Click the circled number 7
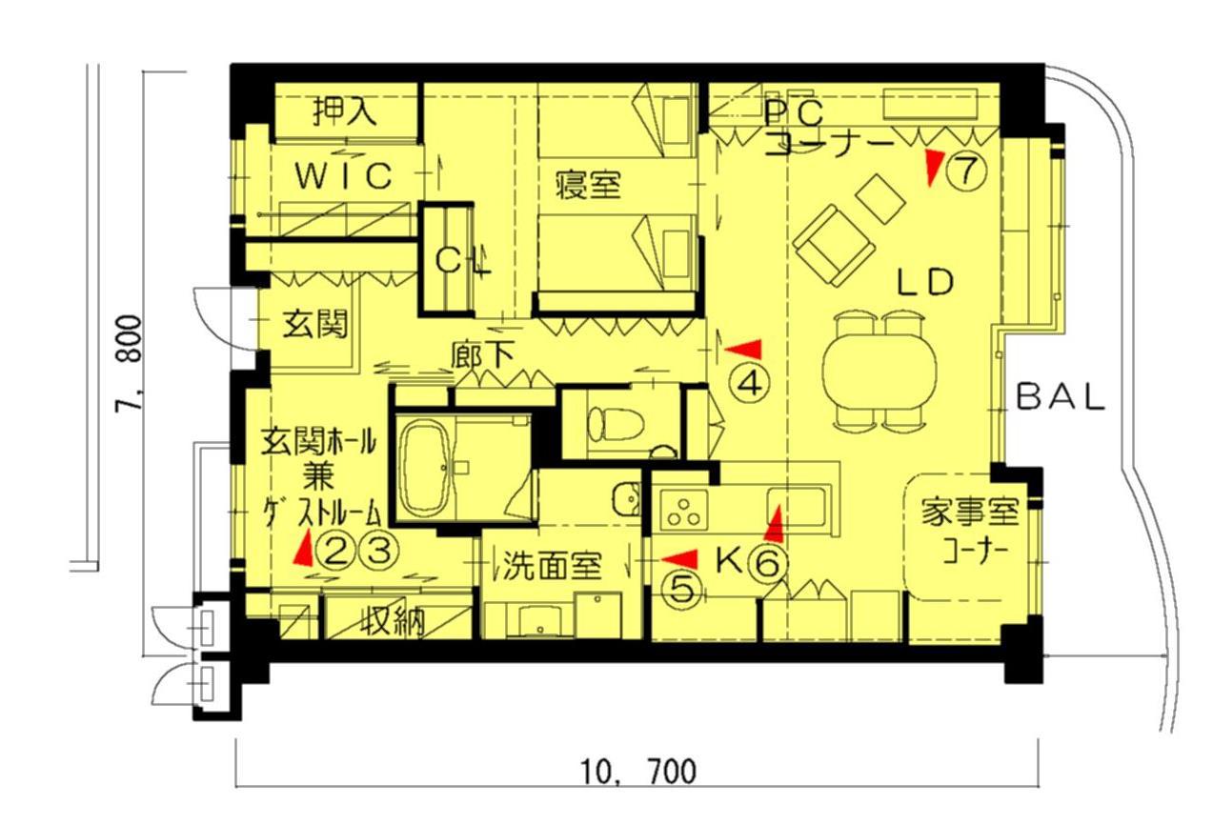click(x=966, y=170)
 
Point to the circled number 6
click(x=767, y=564)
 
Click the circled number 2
click(x=335, y=551)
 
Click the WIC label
click(x=344, y=175)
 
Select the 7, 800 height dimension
click(x=130, y=364)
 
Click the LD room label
click(x=925, y=282)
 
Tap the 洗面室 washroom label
click(x=553, y=566)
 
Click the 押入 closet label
click(x=344, y=111)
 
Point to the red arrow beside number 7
click(x=934, y=167)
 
